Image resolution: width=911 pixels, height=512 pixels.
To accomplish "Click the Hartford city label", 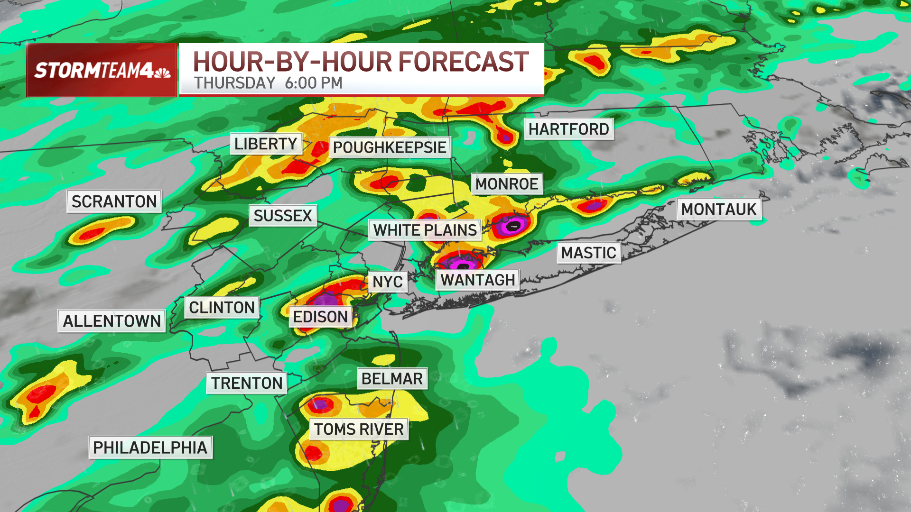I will pos(568,129).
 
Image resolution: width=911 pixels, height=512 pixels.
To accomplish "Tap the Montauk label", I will pos(718,209).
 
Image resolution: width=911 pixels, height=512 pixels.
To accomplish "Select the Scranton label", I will pos(114,201).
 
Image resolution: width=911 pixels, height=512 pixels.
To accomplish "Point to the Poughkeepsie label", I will pos(389,147).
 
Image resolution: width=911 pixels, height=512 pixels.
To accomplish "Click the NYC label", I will pos(387,282).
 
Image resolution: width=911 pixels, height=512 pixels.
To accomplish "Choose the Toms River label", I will pos(359,429).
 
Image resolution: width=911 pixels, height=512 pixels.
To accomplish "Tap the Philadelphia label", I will pos(150,448).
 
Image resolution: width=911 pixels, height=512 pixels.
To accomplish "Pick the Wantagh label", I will pos(477,280).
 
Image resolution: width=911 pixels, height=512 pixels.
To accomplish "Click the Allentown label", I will pos(112,321).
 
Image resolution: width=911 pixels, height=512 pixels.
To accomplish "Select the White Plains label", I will pos(425,230).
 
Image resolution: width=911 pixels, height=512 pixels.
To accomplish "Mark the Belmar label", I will pos(392,379).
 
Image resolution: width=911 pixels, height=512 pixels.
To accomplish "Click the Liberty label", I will pos(266,144).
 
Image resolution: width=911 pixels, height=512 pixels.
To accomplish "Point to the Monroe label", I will pos(507,184).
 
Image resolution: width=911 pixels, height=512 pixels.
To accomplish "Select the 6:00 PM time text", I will pos(313,83).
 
